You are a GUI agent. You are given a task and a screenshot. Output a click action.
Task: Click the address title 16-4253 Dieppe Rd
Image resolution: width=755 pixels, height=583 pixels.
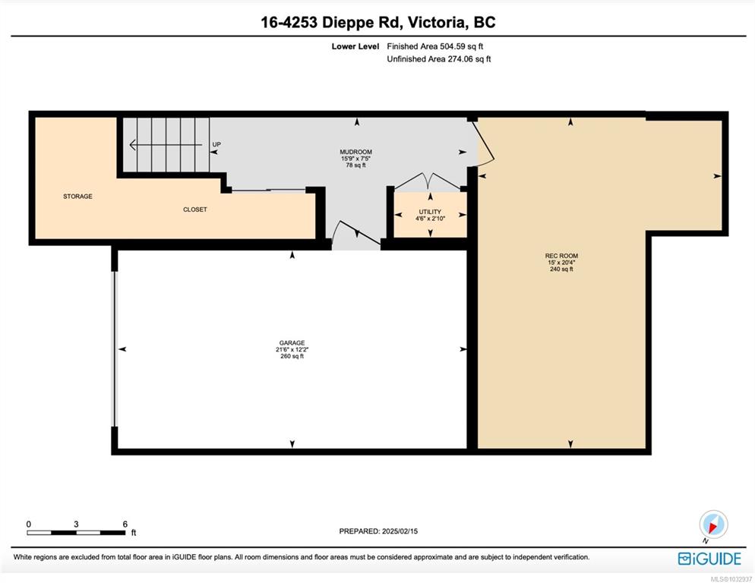330,22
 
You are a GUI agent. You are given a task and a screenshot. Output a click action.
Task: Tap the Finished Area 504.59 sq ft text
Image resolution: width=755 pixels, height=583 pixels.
434,46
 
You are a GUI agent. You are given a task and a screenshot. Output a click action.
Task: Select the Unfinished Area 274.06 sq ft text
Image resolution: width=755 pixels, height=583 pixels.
439,58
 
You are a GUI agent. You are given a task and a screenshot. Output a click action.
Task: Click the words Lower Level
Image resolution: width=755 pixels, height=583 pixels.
355,46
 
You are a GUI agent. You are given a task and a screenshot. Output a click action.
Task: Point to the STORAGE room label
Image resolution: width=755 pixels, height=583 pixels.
77,197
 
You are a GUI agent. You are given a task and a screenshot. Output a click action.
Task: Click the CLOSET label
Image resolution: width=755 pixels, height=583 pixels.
195,210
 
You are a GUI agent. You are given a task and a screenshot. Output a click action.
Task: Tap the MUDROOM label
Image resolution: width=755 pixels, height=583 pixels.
355,152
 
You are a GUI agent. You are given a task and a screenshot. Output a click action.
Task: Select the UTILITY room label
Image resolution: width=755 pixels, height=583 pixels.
430,212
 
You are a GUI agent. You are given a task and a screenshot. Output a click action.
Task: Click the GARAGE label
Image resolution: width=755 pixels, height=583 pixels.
292,343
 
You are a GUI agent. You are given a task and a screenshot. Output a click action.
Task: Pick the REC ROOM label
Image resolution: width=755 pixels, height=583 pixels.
561,256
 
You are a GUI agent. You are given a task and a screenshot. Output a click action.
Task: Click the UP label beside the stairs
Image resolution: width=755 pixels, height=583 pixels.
216,144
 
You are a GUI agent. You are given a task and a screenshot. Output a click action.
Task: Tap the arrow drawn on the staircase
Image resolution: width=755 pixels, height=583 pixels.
166,144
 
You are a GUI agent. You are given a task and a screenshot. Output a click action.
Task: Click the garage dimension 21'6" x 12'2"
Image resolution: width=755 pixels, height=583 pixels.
292,349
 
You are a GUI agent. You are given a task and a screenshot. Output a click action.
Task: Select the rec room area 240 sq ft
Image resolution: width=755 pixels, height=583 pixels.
561,269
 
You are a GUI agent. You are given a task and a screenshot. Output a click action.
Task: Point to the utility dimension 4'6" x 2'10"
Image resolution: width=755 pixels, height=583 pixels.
430,218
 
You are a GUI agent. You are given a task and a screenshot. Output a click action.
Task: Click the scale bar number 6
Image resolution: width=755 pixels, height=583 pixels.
125,525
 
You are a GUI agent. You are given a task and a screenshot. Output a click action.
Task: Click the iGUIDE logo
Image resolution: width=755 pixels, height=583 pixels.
709,559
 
